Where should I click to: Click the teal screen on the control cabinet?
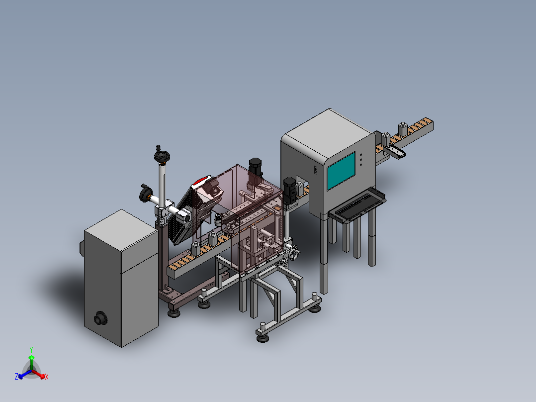[x=341, y=171]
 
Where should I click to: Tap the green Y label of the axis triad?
[x=31, y=350]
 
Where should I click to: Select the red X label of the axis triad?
[x=47, y=377]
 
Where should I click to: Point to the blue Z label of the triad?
[x=16, y=376]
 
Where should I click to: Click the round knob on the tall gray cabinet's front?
[x=100, y=318]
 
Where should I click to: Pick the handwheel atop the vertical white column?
[x=162, y=157]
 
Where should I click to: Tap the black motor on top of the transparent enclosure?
[x=256, y=167]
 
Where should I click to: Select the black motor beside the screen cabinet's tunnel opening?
[x=289, y=191]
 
